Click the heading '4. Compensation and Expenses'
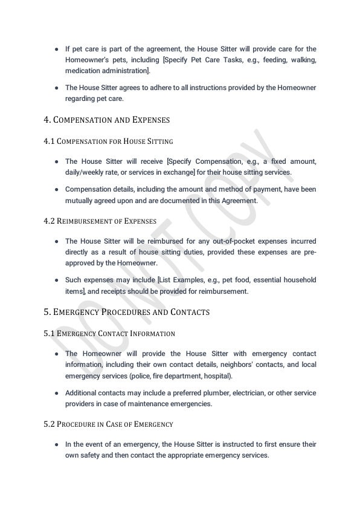(106, 120)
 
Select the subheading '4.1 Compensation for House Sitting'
(108, 141)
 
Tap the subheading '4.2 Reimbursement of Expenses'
(100, 221)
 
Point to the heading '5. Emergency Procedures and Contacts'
(126, 312)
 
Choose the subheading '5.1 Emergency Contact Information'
(109, 333)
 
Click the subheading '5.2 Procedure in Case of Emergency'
(108, 424)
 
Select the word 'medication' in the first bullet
(85, 71)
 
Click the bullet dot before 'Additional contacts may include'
(56, 393)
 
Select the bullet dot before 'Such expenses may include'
(56, 280)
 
